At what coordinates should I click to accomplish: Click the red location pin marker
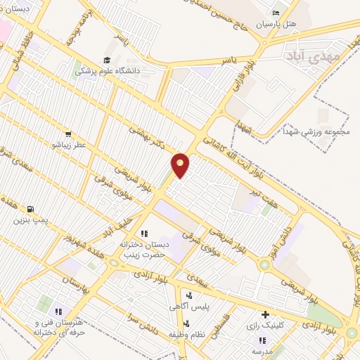(181, 165)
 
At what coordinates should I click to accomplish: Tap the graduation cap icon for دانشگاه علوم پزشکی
(107, 60)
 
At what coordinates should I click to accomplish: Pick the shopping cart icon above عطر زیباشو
(67, 134)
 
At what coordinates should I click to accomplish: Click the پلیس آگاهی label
(187, 307)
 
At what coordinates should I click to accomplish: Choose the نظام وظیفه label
(186, 334)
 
